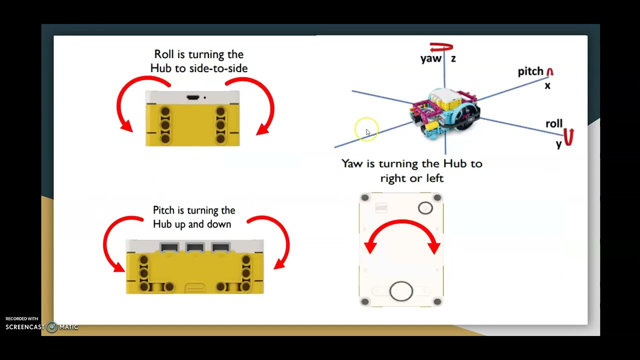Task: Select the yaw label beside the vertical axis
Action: pos(431,58)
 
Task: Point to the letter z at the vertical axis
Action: pos(453,59)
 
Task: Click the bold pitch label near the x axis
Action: pos(530,71)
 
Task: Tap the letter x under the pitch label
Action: pos(547,85)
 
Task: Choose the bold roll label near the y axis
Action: pos(554,123)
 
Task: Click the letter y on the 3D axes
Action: pos(559,144)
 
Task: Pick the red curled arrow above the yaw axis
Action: pos(441,47)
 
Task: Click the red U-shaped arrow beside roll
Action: pos(568,137)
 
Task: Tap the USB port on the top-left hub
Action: pos(193,97)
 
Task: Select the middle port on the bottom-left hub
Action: pos(195,247)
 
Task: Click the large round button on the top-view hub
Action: pos(401,291)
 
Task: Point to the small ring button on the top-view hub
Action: pos(425,208)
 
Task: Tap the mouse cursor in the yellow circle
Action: pos(368,132)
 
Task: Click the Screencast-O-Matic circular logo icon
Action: pos(52,327)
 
